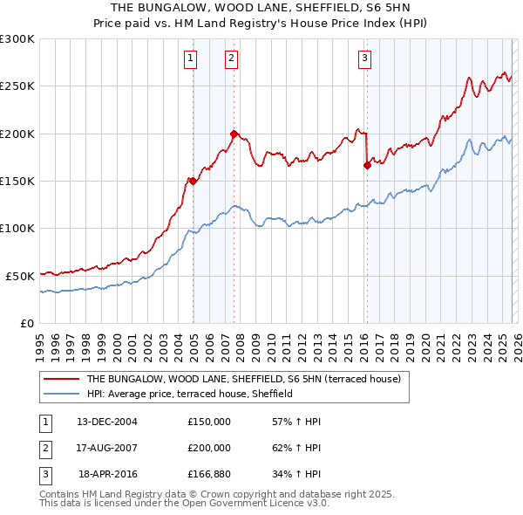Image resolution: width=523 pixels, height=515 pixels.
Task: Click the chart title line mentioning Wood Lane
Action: click(x=261, y=9)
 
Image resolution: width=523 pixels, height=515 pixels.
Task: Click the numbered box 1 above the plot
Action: click(x=190, y=58)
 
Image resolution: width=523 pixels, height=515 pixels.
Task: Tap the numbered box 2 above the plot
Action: click(x=231, y=58)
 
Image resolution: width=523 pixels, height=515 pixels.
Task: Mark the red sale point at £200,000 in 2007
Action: click(x=234, y=134)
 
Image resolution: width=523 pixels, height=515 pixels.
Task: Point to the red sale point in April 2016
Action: click(x=367, y=165)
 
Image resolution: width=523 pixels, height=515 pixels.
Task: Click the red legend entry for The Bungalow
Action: click(x=243, y=380)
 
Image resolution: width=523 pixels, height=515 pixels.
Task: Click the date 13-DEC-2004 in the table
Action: click(x=107, y=422)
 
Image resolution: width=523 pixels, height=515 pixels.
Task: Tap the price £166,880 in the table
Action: click(x=209, y=474)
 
